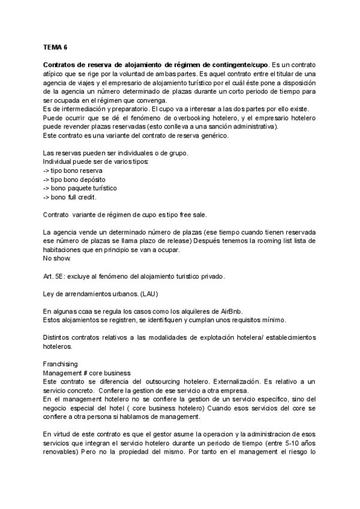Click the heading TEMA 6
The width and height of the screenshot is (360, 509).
(56, 46)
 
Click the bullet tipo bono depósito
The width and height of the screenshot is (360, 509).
(71, 179)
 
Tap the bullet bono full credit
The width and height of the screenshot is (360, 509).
(70, 197)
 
